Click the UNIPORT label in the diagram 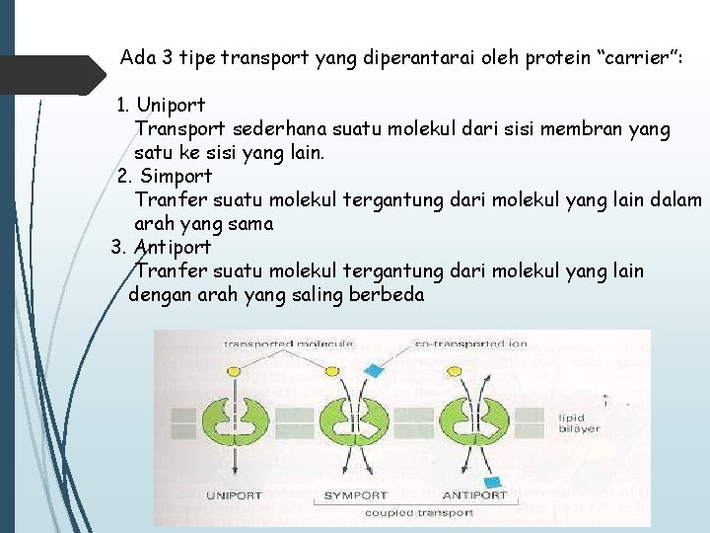point(235,495)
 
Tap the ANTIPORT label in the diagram point(474,495)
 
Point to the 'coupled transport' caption point(419,513)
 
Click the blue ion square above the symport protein point(373,371)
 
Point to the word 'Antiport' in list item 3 point(172,247)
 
